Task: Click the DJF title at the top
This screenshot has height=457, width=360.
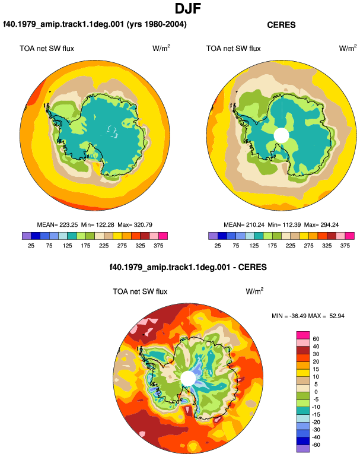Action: click(x=188, y=8)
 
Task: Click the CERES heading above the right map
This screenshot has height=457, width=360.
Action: click(x=281, y=25)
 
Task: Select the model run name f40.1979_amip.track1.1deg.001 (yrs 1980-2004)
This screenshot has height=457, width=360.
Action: click(x=95, y=24)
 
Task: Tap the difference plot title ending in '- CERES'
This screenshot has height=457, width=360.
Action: click(x=188, y=267)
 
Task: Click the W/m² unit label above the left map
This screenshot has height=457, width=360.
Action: click(x=161, y=48)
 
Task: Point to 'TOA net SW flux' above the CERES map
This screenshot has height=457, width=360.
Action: click(x=233, y=49)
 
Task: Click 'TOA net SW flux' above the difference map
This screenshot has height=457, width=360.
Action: click(x=140, y=291)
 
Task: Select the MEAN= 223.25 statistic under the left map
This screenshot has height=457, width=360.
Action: click(x=58, y=225)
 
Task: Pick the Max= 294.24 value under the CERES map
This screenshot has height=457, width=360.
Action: click(x=321, y=225)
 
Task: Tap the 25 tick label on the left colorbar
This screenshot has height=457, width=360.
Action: click(x=31, y=246)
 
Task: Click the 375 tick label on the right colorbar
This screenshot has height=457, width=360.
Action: click(x=345, y=246)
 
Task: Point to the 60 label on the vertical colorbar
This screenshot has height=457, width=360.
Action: click(x=316, y=339)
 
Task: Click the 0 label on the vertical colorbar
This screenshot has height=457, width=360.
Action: click(x=316, y=392)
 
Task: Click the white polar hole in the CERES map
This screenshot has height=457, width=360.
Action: click(x=281, y=135)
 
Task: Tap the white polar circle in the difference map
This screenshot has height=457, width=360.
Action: click(x=188, y=378)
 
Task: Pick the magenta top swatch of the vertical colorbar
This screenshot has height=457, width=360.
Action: click(x=303, y=335)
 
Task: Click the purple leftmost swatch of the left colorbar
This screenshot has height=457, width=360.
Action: click(x=27, y=236)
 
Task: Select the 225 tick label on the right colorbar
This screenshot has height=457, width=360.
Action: click(x=291, y=246)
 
